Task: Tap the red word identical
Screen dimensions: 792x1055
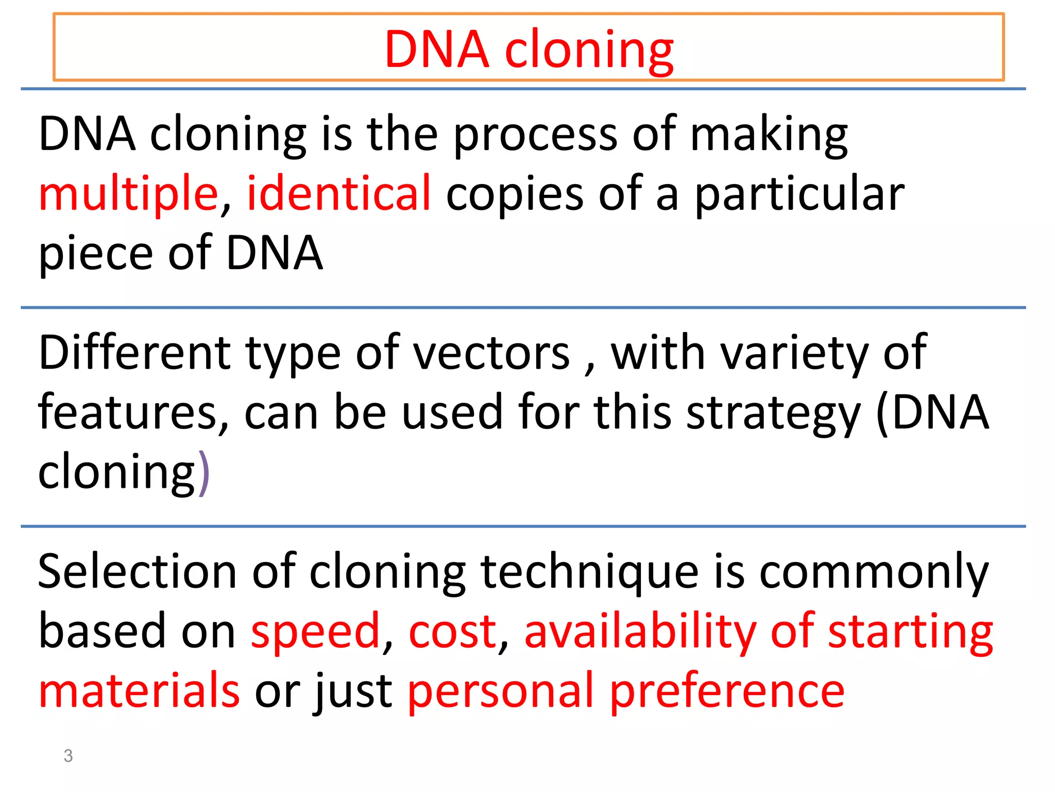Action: point(338,193)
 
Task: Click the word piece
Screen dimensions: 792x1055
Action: point(96,254)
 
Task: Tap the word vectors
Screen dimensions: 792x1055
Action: point(491,354)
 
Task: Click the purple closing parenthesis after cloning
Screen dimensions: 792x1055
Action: point(204,472)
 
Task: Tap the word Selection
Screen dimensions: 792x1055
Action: point(137,571)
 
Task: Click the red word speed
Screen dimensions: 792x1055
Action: point(315,632)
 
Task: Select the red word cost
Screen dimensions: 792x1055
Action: point(452,632)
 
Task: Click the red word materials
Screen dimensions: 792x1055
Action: point(139,691)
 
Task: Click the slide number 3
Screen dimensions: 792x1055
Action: point(68,756)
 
